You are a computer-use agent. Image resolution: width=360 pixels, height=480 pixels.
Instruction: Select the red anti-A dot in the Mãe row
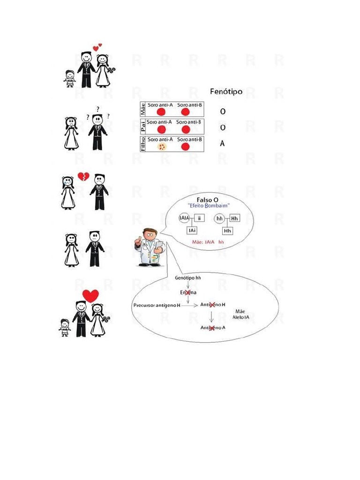(162, 112)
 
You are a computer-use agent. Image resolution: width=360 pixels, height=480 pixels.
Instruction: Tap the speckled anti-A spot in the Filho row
(162, 147)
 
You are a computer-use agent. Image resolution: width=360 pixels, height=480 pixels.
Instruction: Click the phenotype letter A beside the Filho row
(222, 144)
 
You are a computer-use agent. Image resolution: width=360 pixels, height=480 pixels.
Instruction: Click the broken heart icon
(83, 177)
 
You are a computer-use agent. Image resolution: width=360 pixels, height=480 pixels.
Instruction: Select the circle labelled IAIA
(184, 218)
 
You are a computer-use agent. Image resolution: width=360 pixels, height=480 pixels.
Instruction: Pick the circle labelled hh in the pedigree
(219, 218)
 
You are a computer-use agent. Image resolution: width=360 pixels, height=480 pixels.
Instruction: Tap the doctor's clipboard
(159, 246)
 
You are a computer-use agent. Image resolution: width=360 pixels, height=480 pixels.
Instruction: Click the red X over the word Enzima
(188, 292)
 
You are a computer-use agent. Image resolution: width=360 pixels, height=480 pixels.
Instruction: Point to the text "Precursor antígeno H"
(157, 305)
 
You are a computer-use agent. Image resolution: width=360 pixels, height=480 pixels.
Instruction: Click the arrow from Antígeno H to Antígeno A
(212, 316)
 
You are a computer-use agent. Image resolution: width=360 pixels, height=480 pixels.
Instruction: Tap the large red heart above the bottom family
(90, 295)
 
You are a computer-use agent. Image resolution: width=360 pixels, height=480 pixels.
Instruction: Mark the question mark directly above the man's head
(97, 109)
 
